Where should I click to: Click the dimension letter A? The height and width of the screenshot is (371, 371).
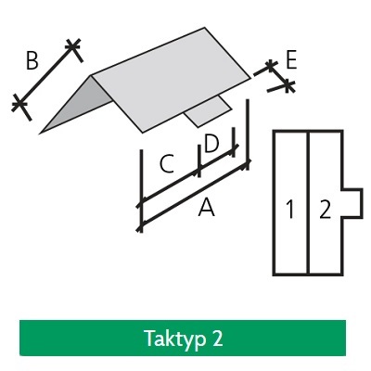pyautogui.click(x=206, y=208)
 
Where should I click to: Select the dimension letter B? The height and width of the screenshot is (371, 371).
pyautogui.click(x=32, y=60)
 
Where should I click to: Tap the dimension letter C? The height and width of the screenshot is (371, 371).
pyautogui.click(x=167, y=164)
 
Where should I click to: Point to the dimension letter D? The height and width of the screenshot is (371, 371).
pyautogui.click(x=211, y=144)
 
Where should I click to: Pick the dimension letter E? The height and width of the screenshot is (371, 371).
pyautogui.click(x=291, y=59)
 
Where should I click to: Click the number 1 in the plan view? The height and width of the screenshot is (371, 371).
pyautogui.click(x=290, y=210)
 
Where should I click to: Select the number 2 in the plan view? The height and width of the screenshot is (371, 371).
pyautogui.click(x=326, y=210)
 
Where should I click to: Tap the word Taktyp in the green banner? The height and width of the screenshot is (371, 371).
pyautogui.click(x=175, y=339)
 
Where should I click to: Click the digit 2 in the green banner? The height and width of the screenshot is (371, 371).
pyautogui.click(x=217, y=338)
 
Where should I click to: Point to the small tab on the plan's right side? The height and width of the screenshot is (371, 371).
pyautogui.click(x=352, y=203)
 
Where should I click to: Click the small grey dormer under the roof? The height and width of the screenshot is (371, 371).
pyautogui.click(x=208, y=110)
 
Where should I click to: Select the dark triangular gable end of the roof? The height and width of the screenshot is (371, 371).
pyautogui.click(x=77, y=104)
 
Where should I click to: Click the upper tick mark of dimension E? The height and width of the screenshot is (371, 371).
pyautogui.click(x=271, y=65)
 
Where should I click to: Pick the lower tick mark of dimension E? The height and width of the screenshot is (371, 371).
pyautogui.click(x=288, y=85)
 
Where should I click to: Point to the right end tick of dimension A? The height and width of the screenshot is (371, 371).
pyautogui.click(x=247, y=163)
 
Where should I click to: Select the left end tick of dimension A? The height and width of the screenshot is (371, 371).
pyautogui.click(x=141, y=226)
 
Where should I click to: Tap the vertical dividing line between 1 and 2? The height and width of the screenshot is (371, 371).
pyautogui.click(x=308, y=203)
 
